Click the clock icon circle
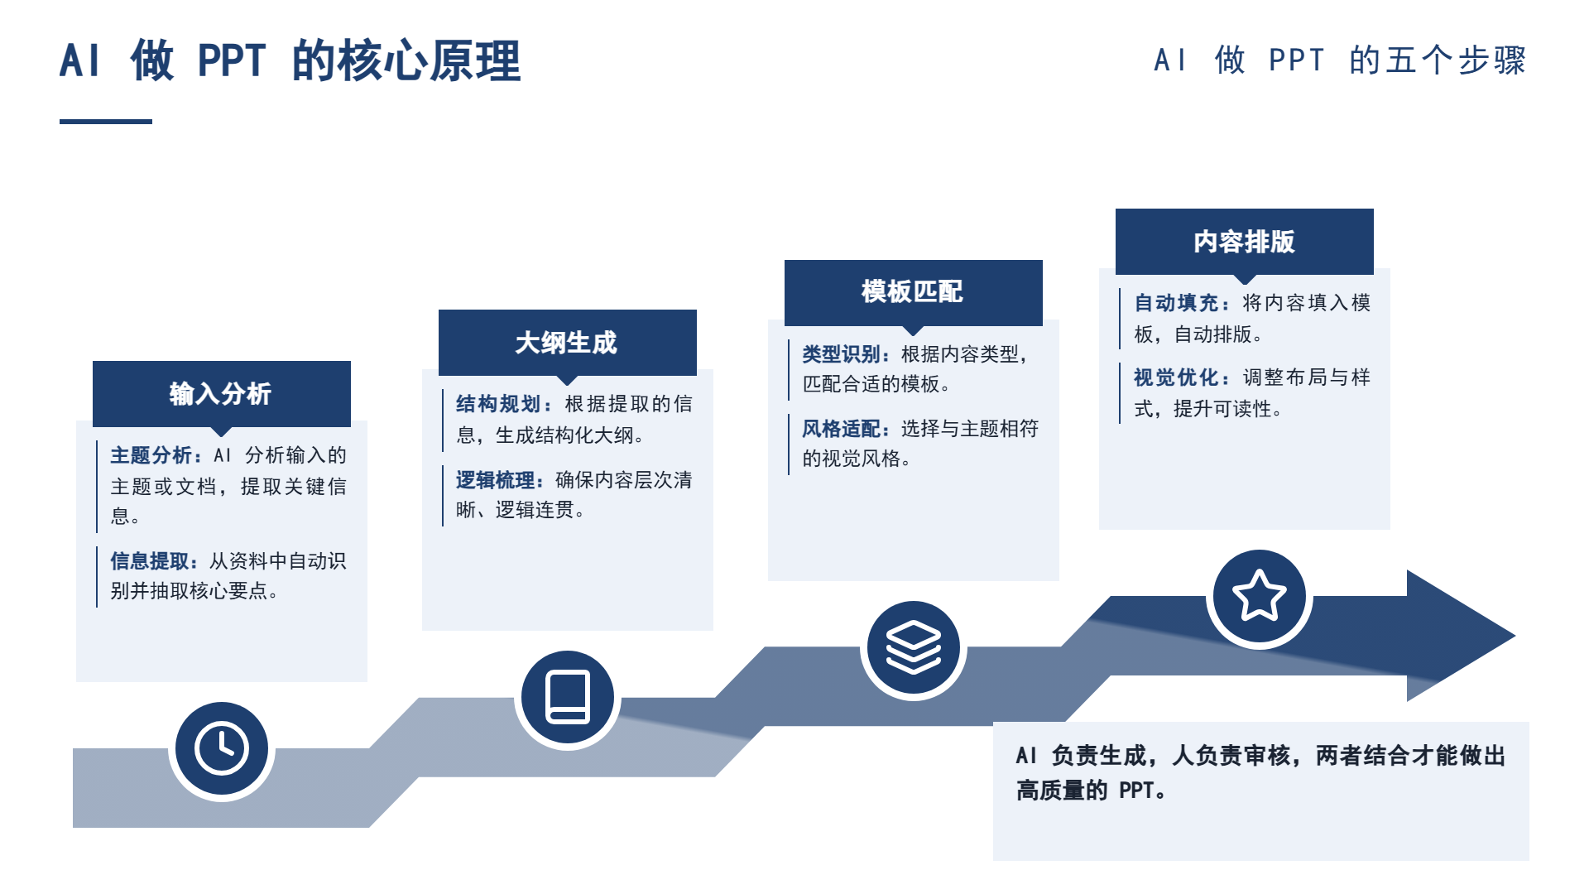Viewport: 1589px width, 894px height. (222, 749)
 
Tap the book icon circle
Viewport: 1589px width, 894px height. (568, 698)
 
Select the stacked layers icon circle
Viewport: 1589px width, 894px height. (914, 647)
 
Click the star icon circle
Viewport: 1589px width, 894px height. (1260, 596)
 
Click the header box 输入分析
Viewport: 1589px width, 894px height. (222, 394)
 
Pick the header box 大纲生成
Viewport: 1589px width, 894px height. (568, 343)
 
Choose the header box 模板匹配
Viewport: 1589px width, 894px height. (914, 291)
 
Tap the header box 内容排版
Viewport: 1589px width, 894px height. (1245, 241)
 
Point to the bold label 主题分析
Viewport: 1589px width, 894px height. (151, 455)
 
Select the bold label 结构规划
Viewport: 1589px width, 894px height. (498, 404)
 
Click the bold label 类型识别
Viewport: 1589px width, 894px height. (842, 354)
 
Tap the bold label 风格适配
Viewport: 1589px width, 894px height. (842, 429)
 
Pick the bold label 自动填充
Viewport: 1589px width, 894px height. (1176, 303)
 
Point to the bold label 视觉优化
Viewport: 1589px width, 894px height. (1176, 377)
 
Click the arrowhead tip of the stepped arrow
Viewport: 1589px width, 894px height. (1515, 636)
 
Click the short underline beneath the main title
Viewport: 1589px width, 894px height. (106, 122)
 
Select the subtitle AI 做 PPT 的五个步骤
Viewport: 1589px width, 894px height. (1340, 60)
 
